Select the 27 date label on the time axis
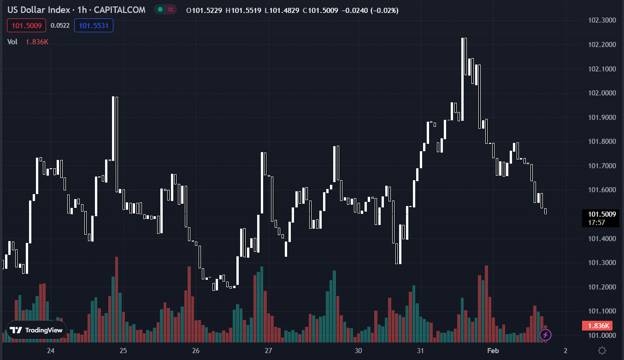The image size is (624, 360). (269, 351)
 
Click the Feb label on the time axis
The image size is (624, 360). (493, 351)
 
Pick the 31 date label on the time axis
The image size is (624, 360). (420, 351)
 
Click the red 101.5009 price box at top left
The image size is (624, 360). (27, 25)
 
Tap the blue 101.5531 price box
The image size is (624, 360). (94, 25)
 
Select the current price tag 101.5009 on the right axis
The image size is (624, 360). (599, 214)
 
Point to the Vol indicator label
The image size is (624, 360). (12, 42)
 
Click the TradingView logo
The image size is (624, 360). (36, 330)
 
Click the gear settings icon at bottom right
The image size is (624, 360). (602, 350)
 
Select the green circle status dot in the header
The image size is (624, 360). (160, 10)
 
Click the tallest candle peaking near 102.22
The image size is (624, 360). (464, 78)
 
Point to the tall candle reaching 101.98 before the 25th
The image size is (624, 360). (115, 138)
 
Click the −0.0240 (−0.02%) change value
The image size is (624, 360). (370, 10)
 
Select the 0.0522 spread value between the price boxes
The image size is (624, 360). (60, 25)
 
